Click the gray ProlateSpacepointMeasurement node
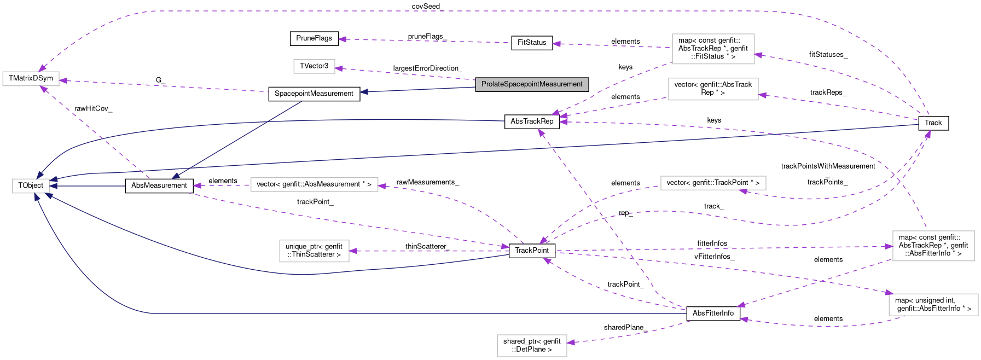532,84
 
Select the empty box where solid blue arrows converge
31,186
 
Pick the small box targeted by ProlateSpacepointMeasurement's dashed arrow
314,66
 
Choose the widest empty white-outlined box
314,185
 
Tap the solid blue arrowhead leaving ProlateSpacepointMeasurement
363,92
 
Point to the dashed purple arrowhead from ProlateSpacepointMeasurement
339,68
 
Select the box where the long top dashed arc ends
31,79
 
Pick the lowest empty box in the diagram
532,346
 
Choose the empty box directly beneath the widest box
314,251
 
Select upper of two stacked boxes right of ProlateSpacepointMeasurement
713,49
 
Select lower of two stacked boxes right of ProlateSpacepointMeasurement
713,89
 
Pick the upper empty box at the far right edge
933,246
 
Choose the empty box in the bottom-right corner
933,305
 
